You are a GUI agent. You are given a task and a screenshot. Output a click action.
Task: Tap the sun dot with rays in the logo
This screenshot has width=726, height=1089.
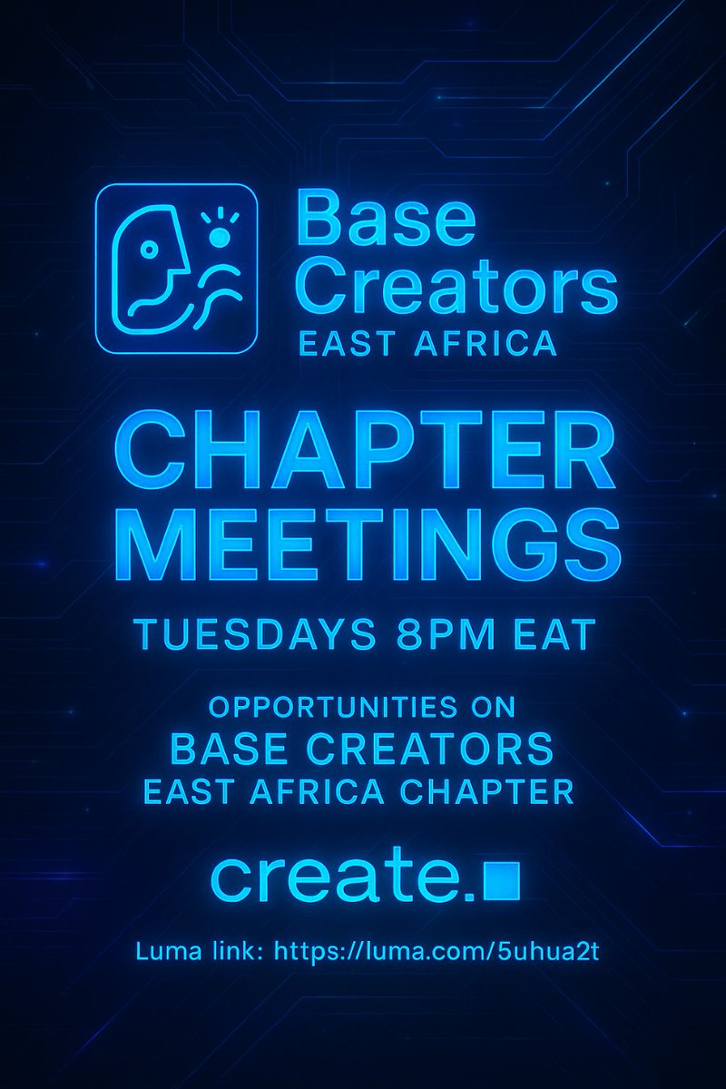coord(219,237)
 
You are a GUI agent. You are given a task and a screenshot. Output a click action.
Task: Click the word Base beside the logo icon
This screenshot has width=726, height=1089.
coord(385,221)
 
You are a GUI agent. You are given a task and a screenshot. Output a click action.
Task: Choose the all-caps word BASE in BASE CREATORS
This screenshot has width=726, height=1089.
coord(227,750)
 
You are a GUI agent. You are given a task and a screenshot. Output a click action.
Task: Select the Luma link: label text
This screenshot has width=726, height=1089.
coord(200,953)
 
